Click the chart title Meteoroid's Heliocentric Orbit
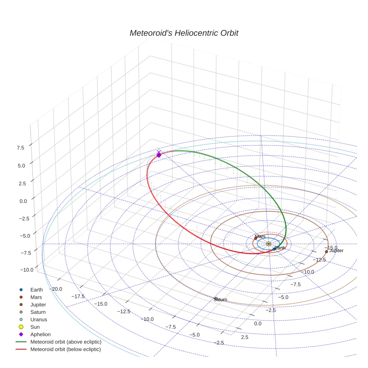184,33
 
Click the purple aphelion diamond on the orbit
159,155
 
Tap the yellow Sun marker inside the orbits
269,244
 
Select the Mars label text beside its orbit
260,236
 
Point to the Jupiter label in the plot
336,251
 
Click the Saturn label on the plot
220,300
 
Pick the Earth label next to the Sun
280,248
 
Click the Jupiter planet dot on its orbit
326,252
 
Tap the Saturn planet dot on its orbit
216,298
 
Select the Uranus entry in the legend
39,319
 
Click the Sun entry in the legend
35,327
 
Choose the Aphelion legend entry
40,334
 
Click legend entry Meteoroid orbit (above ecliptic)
65,342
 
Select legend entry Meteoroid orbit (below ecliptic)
65,349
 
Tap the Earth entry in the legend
36,289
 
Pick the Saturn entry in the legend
38,312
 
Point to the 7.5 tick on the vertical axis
20,148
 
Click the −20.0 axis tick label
55,289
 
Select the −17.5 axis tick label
78,296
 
